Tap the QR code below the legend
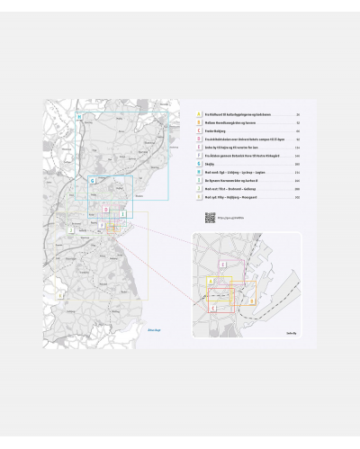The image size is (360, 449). click(210, 217)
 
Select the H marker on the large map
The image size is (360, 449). click(79, 118)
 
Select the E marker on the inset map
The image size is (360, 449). click(224, 264)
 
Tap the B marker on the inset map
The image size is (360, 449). click(228, 291)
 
